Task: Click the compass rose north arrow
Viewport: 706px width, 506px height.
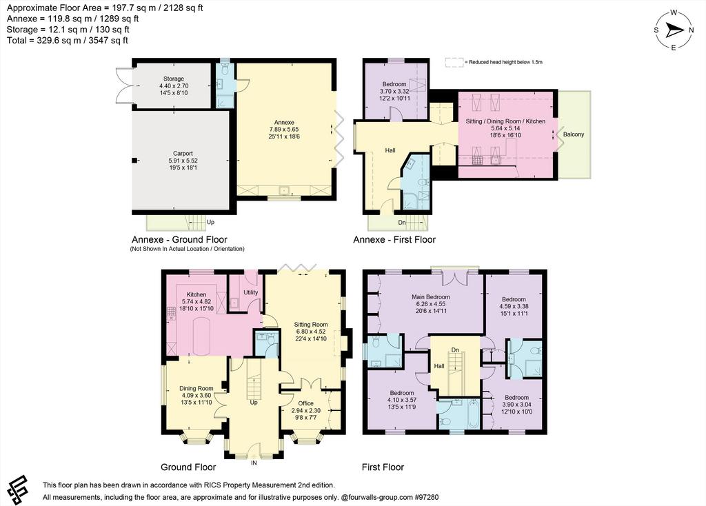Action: click(675, 30)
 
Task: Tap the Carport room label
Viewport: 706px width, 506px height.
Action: click(183, 154)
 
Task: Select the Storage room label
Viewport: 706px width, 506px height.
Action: click(173, 79)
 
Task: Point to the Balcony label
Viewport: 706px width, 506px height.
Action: click(573, 134)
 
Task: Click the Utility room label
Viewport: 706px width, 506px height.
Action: click(251, 292)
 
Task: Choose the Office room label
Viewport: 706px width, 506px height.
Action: click(305, 403)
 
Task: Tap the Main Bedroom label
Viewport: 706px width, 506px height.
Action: click(431, 297)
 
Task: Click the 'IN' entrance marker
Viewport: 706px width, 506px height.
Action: click(254, 463)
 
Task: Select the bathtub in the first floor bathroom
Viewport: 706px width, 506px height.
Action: click(473, 413)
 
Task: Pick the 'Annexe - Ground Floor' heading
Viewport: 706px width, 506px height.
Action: click(179, 239)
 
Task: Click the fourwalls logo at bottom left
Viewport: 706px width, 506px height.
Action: click(18, 489)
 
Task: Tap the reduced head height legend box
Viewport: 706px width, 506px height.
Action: click(454, 62)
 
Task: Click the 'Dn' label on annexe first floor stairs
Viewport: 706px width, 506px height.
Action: click(402, 223)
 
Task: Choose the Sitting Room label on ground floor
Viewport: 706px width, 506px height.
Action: click(311, 325)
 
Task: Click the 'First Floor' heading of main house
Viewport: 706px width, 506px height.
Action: click(383, 467)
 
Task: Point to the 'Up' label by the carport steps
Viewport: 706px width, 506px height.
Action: click(210, 223)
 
